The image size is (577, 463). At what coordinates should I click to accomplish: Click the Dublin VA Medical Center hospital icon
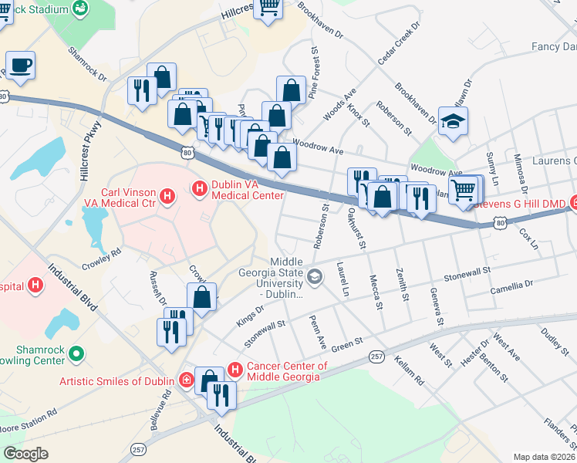[x=199, y=188]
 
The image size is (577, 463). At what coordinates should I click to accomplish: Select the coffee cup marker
[x=20, y=66]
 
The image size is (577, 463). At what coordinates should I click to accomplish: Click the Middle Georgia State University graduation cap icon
[x=315, y=275]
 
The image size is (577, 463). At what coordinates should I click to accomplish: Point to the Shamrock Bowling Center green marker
[x=76, y=354]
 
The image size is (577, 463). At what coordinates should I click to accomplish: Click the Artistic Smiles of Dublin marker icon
[x=187, y=380]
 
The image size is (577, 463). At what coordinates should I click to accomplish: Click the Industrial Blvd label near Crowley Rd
[x=74, y=286]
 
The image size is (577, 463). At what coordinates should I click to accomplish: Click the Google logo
[x=25, y=454]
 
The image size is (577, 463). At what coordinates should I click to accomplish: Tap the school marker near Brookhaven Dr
[x=453, y=120]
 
